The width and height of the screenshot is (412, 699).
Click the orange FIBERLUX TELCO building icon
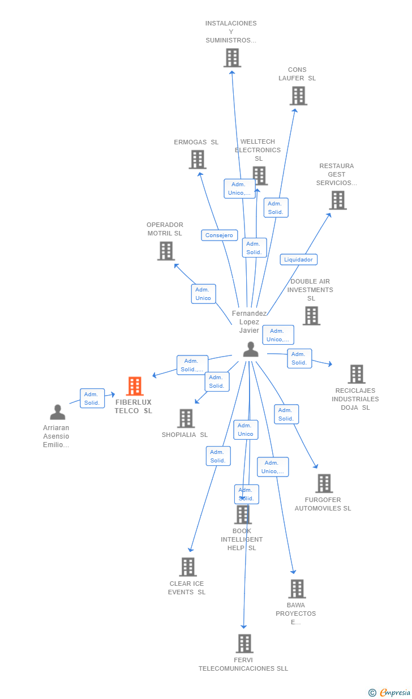point(134,386)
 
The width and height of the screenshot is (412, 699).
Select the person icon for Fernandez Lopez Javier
point(251,350)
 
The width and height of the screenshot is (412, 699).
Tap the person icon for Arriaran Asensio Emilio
point(58,412)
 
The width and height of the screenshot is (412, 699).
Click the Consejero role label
point(219,235)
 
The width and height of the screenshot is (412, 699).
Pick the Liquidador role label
point(298,259)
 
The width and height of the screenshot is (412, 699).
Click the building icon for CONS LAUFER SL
point(298,96)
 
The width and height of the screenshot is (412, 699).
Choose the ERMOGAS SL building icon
point(198,160)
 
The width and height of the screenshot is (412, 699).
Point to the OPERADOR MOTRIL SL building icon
point(166,251)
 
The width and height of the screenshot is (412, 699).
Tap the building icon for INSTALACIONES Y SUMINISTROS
point(232,58)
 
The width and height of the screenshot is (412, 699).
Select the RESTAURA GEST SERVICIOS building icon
point(338,200)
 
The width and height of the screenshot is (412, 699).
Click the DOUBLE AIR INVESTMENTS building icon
point(311,316)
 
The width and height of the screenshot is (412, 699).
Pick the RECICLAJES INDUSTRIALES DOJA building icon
point(357,374)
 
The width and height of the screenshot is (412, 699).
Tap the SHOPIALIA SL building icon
point(186,418)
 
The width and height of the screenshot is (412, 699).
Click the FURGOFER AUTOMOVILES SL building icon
point(324,483)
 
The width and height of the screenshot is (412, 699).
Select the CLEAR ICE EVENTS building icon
point(188,567)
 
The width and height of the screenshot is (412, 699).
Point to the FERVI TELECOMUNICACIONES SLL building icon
point(244,644)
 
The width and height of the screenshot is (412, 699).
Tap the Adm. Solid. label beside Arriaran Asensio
point(92,398)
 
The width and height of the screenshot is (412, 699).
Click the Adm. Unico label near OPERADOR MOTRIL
point(203,294)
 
